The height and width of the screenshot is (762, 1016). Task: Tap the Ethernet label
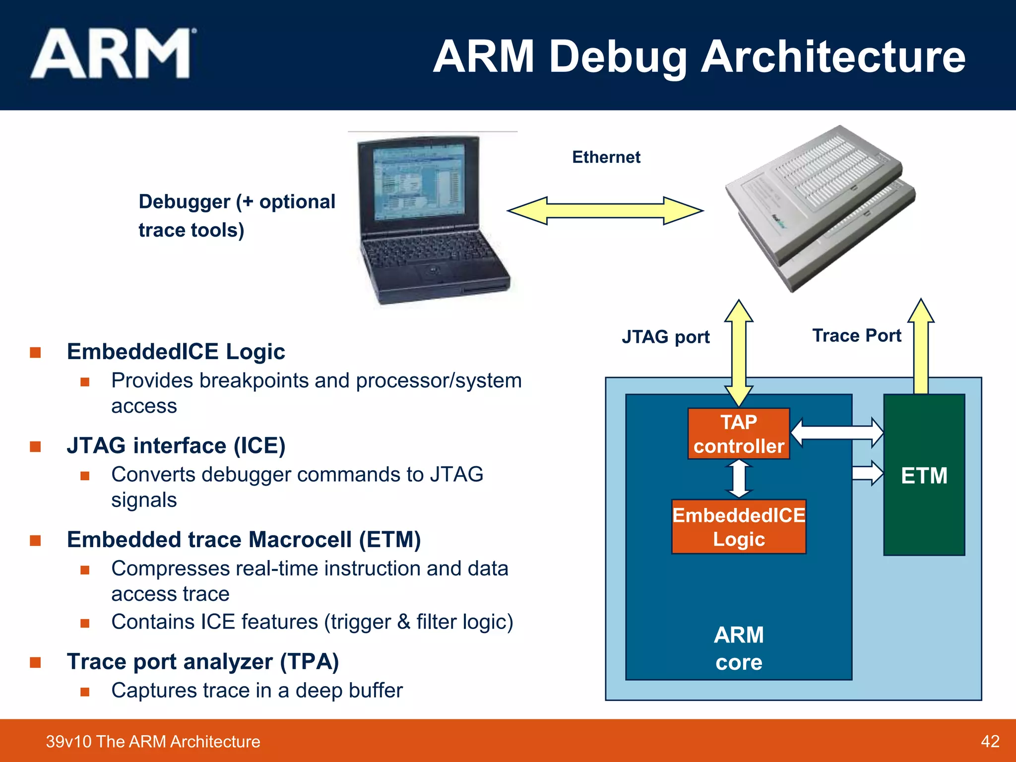pos(606,157)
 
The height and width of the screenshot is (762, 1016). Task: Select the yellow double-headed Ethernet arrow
pos(605,211)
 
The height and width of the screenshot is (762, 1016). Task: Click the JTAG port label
pos(665,337)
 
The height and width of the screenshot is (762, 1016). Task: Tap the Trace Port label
pos(856,336)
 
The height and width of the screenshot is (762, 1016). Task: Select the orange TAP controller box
pos(738,434)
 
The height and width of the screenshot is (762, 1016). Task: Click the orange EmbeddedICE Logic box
pos(738,527)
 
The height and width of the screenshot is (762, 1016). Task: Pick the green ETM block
pos(924,516)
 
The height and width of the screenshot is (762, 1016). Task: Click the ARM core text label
pos(738,648)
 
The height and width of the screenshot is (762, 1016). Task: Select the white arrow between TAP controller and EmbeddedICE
pos(739,479)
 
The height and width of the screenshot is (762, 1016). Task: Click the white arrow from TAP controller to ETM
pos(837,432)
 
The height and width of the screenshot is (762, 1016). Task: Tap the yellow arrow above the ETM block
pos(921,347)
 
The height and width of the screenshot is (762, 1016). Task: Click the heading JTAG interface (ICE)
pos(176,445)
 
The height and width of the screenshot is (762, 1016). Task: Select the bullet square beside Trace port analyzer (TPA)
pos(35,663)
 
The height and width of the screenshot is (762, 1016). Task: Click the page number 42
pos(990,741)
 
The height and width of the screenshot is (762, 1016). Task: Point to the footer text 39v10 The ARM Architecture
pos(153,741)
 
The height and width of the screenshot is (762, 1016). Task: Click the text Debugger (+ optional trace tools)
pos(237,216)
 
